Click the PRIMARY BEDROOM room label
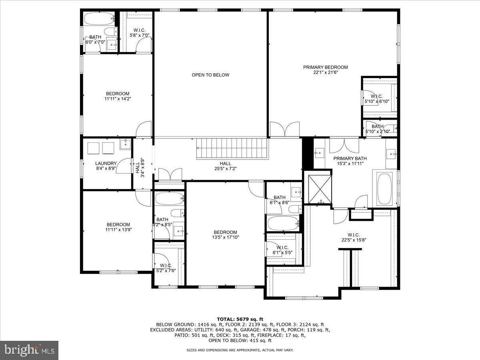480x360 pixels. tap(325, 67)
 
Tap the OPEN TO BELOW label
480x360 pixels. tap(210, 75)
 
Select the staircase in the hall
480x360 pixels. tap(231, 148)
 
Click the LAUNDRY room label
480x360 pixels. tap(106, 163)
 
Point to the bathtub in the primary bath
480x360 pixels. tap(384, 188)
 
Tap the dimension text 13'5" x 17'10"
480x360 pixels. tap(225, 237)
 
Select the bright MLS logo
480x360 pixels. tap(29, 350)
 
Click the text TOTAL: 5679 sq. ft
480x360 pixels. tap(240, 319)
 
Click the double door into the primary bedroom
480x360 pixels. tap(284, 130)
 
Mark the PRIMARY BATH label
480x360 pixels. tap(350, 158)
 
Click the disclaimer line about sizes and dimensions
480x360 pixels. tap(240, 350)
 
